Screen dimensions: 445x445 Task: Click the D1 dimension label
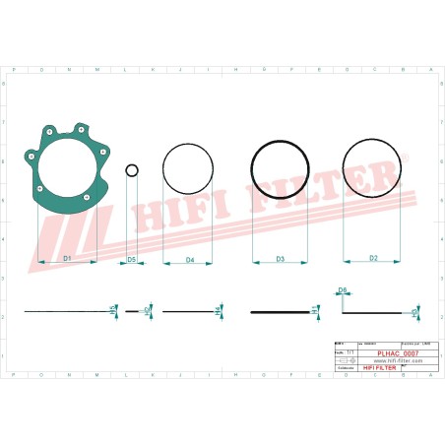tap(67, 258)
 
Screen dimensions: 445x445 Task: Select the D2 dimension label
tap(373, 258)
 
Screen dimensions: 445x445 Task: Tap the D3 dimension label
tap(280, 259)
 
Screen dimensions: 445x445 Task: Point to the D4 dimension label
tap(189, 259)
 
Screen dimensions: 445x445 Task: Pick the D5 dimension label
tap(131, 259)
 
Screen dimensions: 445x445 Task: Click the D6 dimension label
tap(343, 289)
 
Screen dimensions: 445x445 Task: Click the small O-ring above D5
tap(131, 171)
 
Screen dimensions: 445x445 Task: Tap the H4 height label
tap(217, 311)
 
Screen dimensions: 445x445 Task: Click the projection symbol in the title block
tap(344, 360)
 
